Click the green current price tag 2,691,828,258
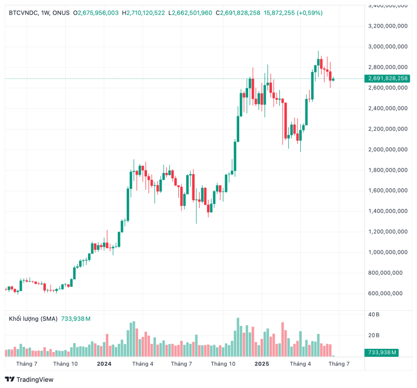(x=388, y=79)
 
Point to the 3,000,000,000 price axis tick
(x=387, y=46)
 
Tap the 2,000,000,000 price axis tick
(x=387, y=150)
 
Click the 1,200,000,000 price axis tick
(x=387, y=232)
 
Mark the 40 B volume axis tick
(x=374, y=314)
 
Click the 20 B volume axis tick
(x=374, y=335)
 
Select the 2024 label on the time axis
(x=104, y=364)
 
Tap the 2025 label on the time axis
(x=261, y=364)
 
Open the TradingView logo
(x=29, y=379)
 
